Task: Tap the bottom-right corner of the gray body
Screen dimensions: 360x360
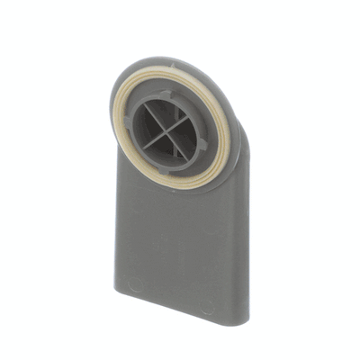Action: click(x=241, y=321)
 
